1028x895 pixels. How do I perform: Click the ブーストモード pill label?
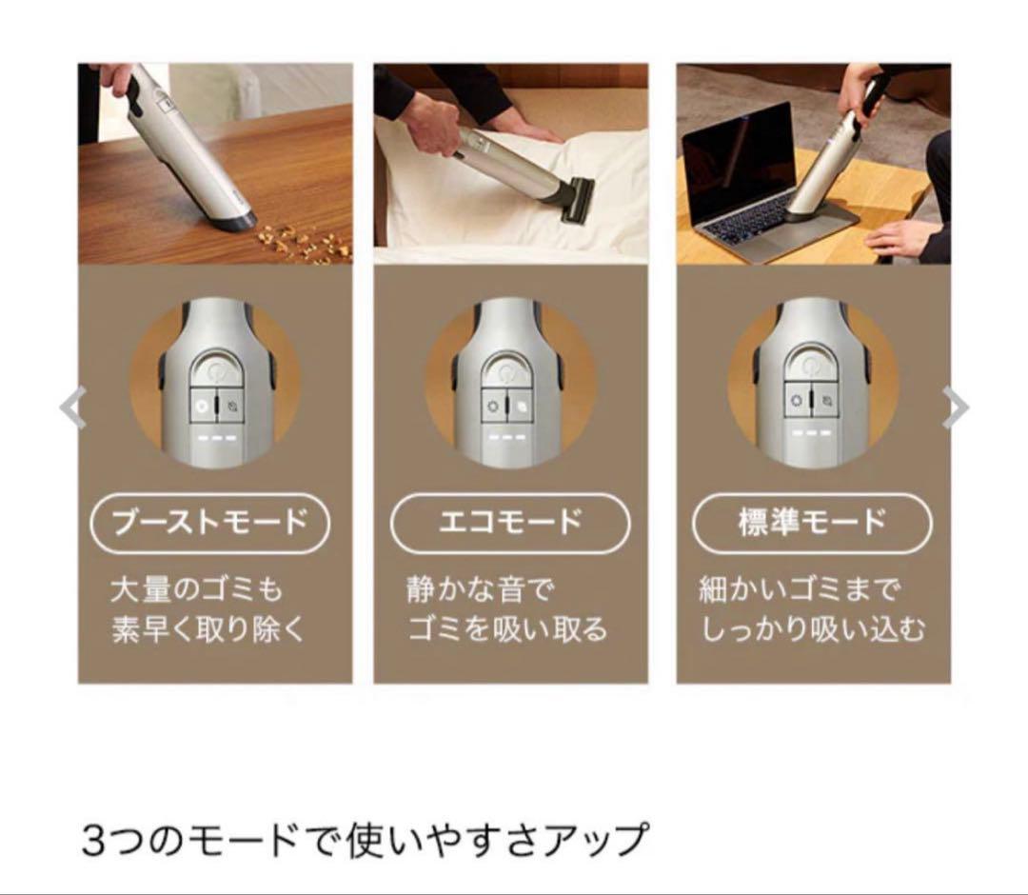tap(209, 523)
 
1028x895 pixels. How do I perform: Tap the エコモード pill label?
tap(510, 523)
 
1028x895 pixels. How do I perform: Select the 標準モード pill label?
tap(812, 523)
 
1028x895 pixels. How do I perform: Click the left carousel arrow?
tap(72, 408)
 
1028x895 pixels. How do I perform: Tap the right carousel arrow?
tap(956, 408)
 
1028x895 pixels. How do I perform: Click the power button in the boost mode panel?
tap(212, 370)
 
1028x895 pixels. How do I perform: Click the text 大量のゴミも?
tap(196, 589)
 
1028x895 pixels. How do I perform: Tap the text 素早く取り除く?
tap(208, 629)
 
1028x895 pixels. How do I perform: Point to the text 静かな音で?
tap(480, 589)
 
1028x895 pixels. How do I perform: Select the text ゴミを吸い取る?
tap(507, 629)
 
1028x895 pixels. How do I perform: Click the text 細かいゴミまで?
tap(798, 589)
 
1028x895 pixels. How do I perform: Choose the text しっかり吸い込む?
tap(813, 629)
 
